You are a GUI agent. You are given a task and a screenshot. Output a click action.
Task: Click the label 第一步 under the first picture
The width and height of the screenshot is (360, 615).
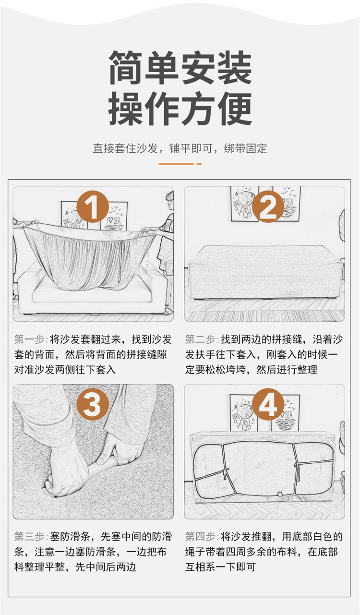[30, 340]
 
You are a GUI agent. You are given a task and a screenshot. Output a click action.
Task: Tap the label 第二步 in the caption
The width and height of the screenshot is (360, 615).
[201, 340]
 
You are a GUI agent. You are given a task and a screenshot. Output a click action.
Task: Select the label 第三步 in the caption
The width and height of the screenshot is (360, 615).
[30, 536]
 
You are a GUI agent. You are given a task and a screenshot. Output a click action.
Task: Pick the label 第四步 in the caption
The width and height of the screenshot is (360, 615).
[201, 536]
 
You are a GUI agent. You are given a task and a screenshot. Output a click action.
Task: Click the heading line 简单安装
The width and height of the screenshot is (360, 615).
[180, 68]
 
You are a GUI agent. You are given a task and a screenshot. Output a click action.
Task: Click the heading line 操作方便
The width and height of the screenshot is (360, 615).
[180, 109]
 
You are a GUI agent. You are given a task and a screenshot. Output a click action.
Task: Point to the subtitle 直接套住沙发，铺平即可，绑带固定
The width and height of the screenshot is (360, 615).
[180, 148]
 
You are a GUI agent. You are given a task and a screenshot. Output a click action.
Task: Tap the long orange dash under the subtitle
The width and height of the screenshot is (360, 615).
[176, 164]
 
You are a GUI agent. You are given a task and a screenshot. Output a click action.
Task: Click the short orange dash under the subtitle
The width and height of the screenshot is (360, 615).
[199, 164]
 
